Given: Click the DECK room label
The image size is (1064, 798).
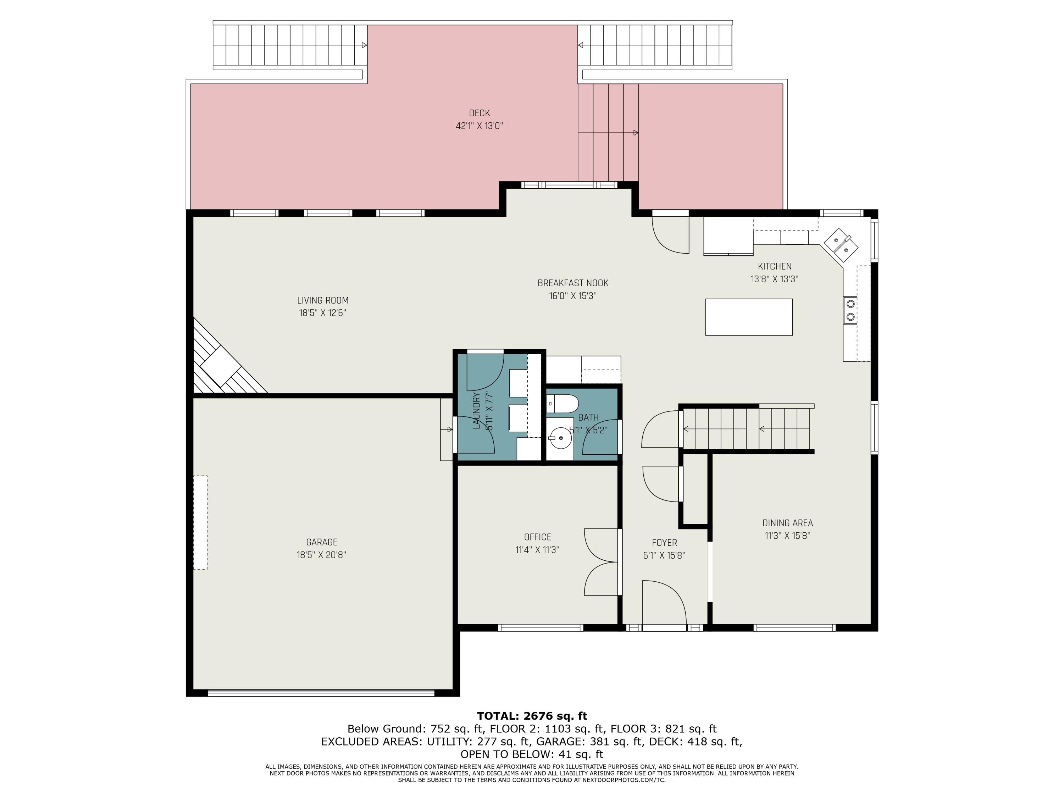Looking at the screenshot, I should point(479,113).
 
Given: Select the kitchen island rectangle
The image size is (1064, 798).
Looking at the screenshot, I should point(748,317).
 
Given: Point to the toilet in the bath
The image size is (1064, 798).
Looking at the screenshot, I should point(564,404).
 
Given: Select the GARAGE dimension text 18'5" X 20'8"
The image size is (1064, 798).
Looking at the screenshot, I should point(321,555).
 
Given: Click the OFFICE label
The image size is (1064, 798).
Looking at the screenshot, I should point(537,537).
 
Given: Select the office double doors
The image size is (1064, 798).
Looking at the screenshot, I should point(601,561).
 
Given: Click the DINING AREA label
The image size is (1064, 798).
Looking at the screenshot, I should point(787,523).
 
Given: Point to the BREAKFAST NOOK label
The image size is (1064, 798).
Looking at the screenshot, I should point(573,283).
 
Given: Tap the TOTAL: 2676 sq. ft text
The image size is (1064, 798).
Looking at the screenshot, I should point(532,716).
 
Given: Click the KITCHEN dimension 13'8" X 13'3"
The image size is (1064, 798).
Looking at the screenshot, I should point(775,279).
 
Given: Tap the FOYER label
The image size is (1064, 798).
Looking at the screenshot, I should point(664,543).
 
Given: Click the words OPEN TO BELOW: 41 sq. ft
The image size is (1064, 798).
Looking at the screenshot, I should point(532,754).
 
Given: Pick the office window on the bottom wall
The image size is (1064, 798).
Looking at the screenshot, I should point(540,628).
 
